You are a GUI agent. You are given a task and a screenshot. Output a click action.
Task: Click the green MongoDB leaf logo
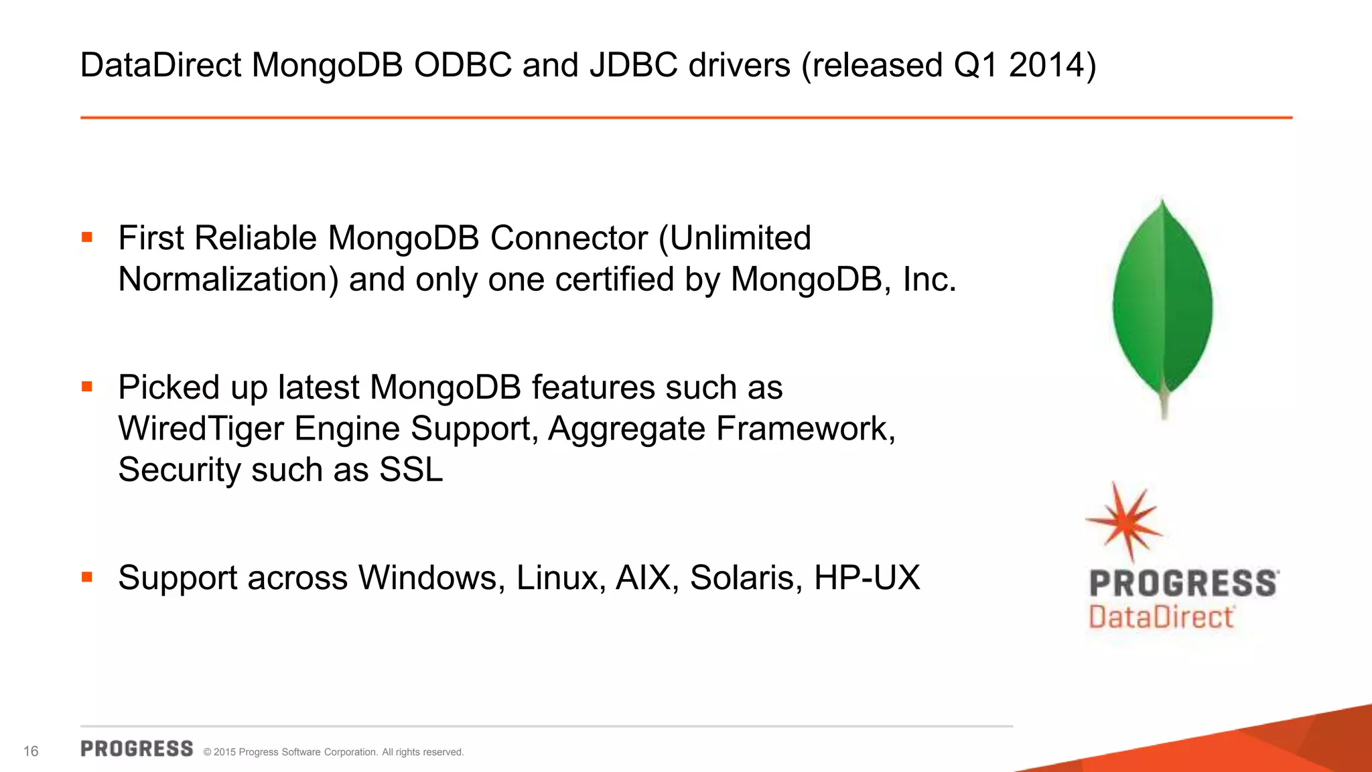click(1163, 302)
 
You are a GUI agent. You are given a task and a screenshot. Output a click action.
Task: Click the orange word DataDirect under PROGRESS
click(1161, 617)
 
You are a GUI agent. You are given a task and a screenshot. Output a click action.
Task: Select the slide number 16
click(31, 751)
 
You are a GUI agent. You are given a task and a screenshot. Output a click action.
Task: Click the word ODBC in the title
click(462, 66)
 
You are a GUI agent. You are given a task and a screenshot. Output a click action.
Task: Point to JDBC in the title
click(633, 66)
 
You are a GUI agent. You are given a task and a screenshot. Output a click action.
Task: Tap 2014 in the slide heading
click(1046, 66)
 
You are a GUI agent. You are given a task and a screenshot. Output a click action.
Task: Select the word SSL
click(411, 470)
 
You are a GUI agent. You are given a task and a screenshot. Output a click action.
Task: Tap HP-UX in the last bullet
click(867, 578)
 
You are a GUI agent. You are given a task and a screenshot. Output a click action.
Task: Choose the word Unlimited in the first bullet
click(740, 238)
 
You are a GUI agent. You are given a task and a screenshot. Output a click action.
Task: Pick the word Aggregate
click(626, 429)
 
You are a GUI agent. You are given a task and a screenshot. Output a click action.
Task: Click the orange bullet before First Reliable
click(86, 237)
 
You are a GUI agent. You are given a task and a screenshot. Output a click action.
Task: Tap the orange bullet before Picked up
click(86, 387)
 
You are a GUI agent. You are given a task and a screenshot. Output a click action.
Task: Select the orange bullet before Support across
click(86, 577)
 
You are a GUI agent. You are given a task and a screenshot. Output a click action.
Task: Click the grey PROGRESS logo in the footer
click(137, 749)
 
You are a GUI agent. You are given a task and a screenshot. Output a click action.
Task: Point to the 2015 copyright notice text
click(333, 752)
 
